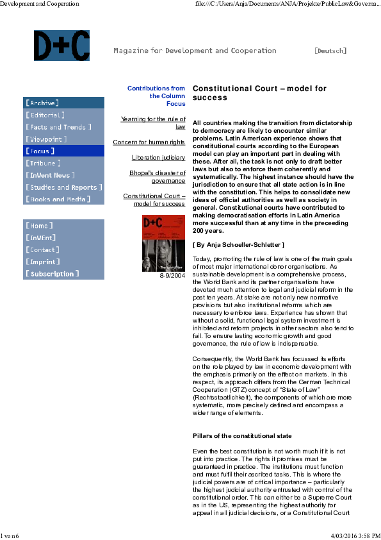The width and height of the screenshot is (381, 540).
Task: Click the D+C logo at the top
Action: [61, 46]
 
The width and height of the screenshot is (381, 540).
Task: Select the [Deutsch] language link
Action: [330, 51]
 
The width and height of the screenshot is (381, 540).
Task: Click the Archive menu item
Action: [42, 103]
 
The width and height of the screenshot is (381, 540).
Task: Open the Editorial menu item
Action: [45, 115]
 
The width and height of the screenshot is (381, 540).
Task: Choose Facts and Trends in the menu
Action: [58, 127]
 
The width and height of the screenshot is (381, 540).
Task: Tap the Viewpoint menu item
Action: [46, 139]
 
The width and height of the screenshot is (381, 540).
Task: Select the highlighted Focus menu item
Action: [40, 151]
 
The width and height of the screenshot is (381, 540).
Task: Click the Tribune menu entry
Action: [43, 164]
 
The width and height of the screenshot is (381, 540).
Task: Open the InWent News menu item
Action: [51, 175]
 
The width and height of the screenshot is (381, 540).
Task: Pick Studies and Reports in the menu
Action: [63, 187]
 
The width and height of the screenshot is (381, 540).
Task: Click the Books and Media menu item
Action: [57, 199]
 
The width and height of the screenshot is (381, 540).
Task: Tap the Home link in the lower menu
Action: [39, 226]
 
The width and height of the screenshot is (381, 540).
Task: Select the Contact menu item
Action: [42, 250]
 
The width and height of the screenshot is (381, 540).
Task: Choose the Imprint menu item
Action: [42, 262]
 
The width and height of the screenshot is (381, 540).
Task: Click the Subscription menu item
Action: [52, 274]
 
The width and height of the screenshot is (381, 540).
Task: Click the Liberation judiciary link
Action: [159, 158]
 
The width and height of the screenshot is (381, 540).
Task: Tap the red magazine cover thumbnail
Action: [163, 243]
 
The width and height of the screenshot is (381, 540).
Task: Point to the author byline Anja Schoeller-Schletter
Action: [238, 245]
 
